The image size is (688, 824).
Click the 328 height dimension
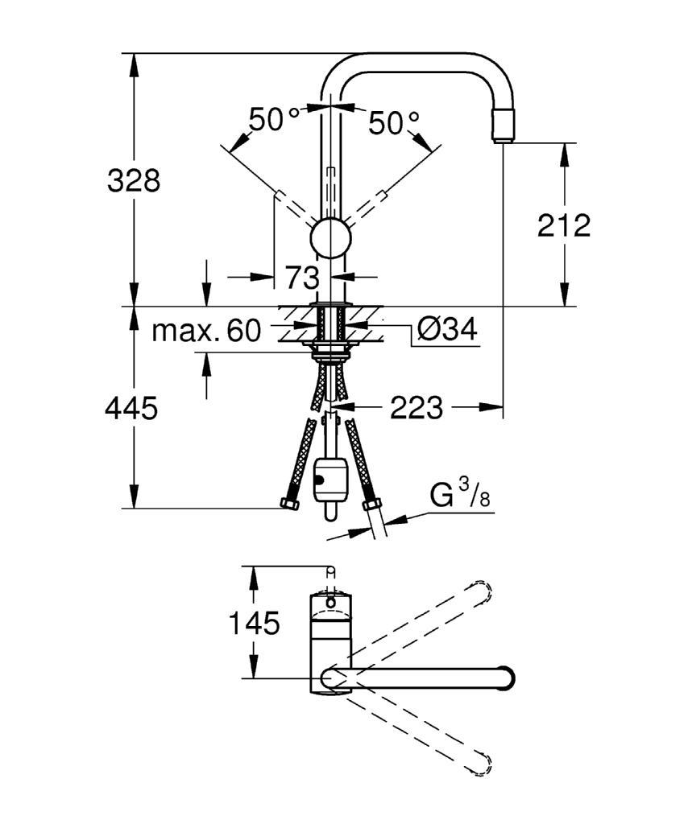coord(134,180)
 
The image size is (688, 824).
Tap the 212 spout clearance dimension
coord(564,225)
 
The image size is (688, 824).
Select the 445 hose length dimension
coord(131,408)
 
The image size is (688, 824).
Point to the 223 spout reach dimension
coord(417,407)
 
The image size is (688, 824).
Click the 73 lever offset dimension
coord(302,277)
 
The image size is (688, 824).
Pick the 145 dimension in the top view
coord(254,624)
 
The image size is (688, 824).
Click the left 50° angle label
coord(274,119)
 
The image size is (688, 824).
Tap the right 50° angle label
coord(394,123)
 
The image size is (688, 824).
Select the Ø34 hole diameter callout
coord(447,329)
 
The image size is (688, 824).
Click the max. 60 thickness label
coord(206,331)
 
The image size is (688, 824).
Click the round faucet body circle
coord(331,237)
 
